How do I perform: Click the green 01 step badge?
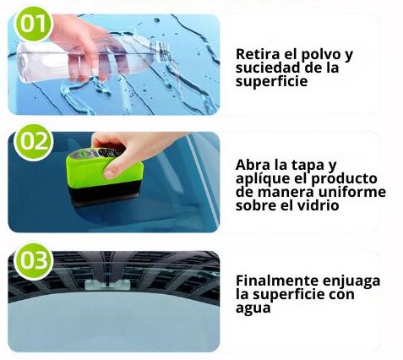pyautogui.click(x=33, y=24)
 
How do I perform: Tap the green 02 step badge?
pyautogui.click(x=33, y=142)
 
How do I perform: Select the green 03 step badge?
pyautogui.click(x=33, y=260)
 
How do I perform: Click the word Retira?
pyautogui.click(x=258, y=54)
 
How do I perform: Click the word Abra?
pyautogui.click(x=253, y=165)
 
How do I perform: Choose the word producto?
pyautogui.click(x=344, y=179)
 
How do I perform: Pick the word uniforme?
pyautogui.click(x=352, y=192)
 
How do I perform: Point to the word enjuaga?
pyautogui.click(x=351, y=282)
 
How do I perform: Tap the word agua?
pyautogui.click(x=253, y=308)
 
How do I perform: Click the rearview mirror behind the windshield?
pyautogui.click(x=107, y=285)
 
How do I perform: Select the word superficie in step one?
pyautogui.click(x=271, y=82)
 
